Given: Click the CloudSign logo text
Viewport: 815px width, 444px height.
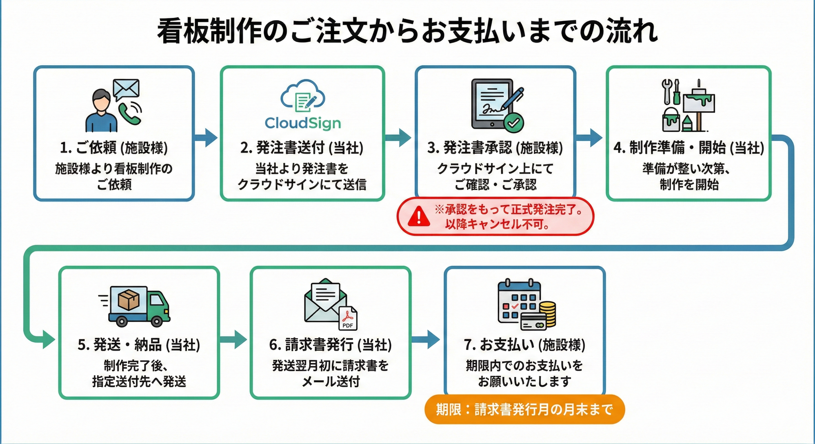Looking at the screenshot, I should [303, 123].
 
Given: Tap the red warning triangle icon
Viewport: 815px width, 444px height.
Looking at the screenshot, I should [419, 217].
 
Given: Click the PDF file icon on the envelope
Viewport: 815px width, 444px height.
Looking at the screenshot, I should [348, 318].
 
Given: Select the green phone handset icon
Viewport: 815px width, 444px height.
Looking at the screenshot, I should [129, 114].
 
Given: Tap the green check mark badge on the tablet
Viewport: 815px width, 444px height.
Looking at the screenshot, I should [513, 122].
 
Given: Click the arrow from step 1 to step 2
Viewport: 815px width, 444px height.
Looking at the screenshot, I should [206, 138].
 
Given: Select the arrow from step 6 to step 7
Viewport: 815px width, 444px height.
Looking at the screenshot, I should [426, 339].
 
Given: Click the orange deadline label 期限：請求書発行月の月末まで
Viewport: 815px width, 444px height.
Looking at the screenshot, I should [524, 409].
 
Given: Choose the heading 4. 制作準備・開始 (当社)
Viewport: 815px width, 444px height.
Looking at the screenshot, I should [689, 148].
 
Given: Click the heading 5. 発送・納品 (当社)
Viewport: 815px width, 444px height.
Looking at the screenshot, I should [139, 345].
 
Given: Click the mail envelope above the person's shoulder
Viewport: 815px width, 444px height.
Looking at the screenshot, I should [126, 89].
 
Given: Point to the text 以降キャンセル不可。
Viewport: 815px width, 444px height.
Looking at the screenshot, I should [497, 225].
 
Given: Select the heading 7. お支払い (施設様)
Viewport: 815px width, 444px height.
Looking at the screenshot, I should [524, 345].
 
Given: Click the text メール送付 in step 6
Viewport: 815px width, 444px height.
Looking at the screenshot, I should [331, 382].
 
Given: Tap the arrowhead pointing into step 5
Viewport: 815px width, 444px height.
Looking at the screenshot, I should [48, 340].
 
